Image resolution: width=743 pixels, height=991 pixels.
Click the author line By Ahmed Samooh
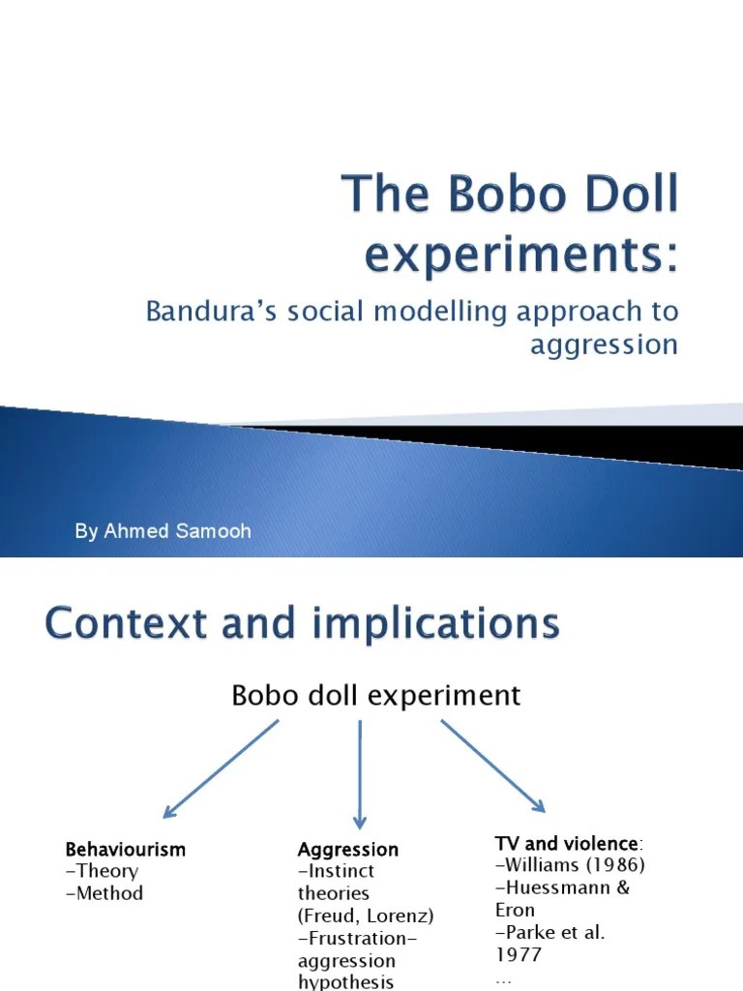pos(163,532)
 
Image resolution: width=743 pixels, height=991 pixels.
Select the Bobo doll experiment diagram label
pos(375,695)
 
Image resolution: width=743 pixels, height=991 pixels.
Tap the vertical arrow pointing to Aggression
pos(359,770)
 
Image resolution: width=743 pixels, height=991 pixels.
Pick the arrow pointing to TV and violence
pos(492,766)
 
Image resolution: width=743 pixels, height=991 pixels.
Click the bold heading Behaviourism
pos(125,850)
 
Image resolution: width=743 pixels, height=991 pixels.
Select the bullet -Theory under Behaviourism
pos(102,871)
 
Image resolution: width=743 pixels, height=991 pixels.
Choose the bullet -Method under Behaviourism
pos(104,893)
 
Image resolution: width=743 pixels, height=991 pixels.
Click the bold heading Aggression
pos(348,850)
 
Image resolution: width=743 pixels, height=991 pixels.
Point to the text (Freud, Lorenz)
pos(366,916)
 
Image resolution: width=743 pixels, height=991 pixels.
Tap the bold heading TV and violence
pos(568,844)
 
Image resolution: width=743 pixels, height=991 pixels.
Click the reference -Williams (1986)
pos(570,865)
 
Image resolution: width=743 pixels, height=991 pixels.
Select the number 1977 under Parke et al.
pos(519,954)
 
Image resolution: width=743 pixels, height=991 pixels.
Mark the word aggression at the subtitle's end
pos(604,345)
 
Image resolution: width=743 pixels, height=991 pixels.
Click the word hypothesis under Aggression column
pos(345,981)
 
